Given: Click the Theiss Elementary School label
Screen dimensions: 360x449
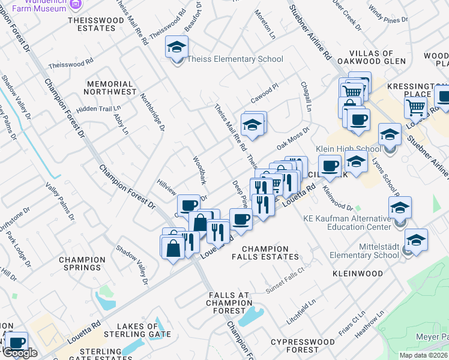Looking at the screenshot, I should (235, 59).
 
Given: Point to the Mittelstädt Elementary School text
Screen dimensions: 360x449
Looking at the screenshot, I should (364, 251).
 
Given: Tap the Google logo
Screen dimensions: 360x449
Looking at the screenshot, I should (20, 353).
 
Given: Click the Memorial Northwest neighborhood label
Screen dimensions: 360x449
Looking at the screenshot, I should (110, 88).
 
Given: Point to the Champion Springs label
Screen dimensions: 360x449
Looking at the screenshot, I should (83, 264).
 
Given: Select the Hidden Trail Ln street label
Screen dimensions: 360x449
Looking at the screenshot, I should (95, 109).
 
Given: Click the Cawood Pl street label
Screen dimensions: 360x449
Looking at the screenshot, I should (265, 89).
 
